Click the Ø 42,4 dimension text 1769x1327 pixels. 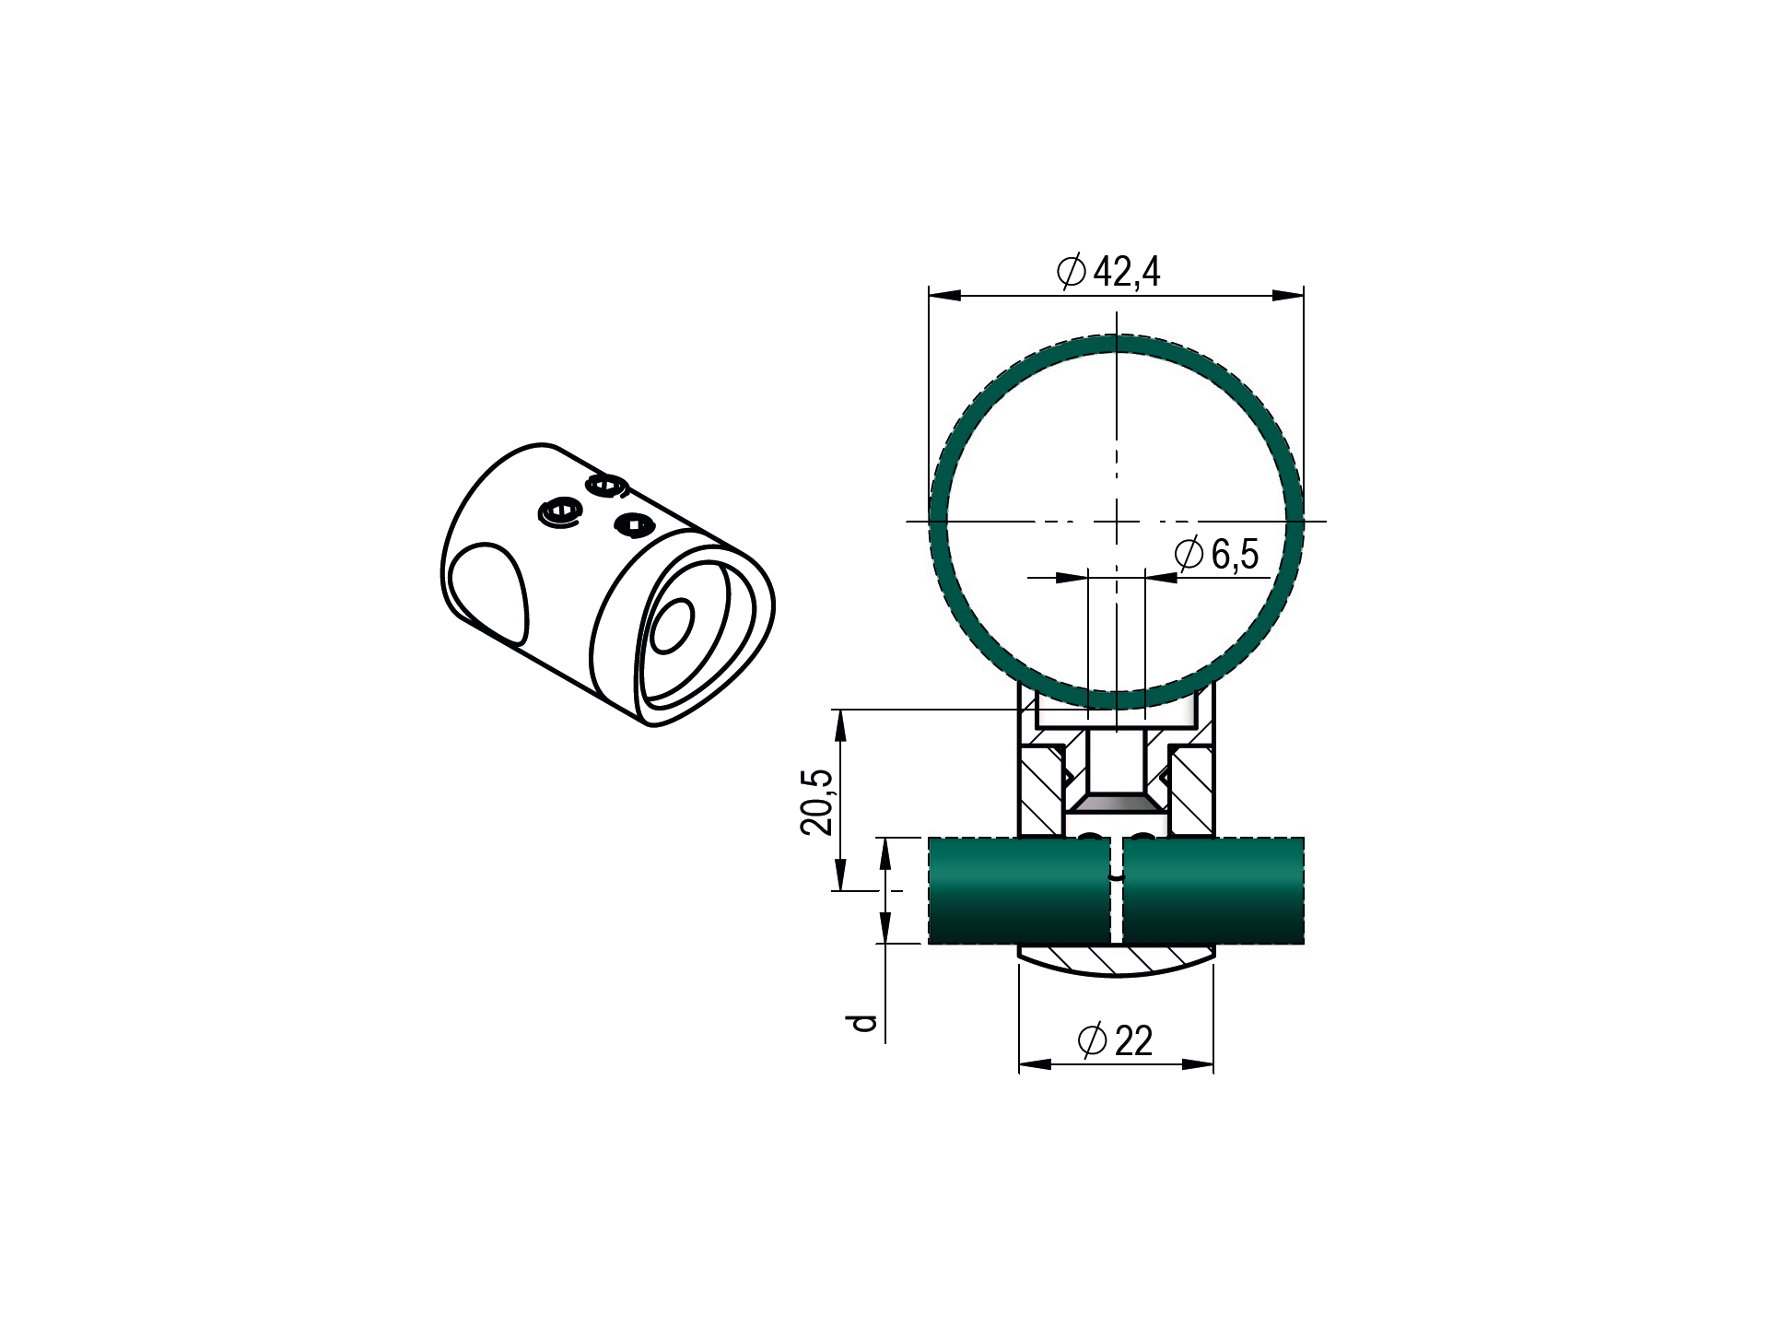pyautogui.click(x=1108, y=271)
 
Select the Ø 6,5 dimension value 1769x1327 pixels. pyautogui.click(x=1217, y=554)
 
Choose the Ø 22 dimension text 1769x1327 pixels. pyautogui.click(x=1115, y=1040)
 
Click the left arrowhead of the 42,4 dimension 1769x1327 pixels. pyautogui.click(x=945, y=295)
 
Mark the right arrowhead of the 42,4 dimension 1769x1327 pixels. pyautogui.click(x=1288, y=295)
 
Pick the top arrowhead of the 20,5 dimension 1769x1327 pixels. pyautogui.click(x=839, y=725)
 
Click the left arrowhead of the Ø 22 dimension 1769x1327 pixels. pyautogui.click(x=1035, y=1064)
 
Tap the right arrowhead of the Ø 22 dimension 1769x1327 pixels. pyautogui.click(x=1198, y=1064)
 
